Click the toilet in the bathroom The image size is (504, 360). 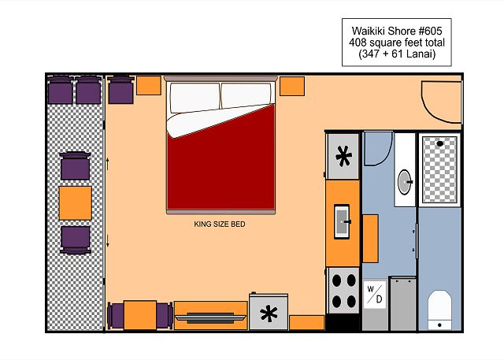[439, 310]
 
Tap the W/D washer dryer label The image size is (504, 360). [375, 295]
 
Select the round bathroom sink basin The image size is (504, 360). [405, 182]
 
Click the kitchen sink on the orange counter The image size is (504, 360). [342, 221]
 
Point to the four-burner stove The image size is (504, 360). [343, 291]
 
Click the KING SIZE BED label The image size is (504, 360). [220, 224]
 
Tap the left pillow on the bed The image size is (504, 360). [195, 98]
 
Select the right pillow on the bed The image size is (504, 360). [246, 95]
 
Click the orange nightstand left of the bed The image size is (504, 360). [149, 86]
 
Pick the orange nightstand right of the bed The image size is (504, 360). [292, 86]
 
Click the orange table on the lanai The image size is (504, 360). [76, 203]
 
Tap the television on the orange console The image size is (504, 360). [210, 318]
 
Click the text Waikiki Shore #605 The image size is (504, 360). [397, 31]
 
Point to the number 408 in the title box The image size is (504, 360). [358, 43]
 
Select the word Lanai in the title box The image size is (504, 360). [421, 54]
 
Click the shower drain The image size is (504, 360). [439, 143]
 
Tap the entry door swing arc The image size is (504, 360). [430, 109]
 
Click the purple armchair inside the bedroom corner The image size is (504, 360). [120, 91]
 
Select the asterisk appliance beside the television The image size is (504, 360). [269, 312]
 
